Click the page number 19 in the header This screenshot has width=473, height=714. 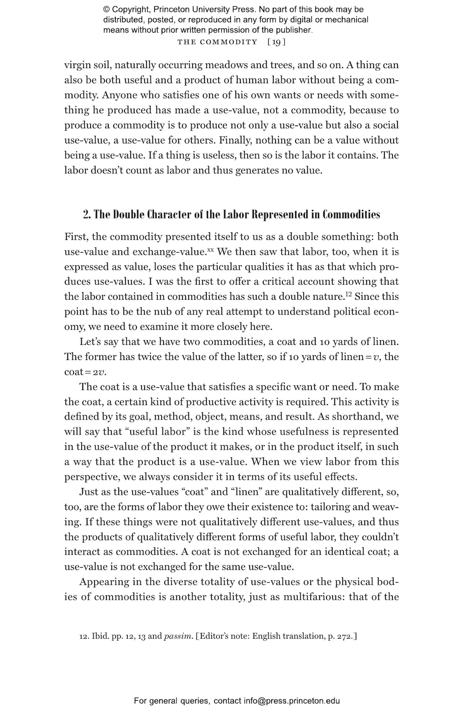[x=276, y=42]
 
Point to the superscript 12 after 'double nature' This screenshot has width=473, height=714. [x=348, y=295]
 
